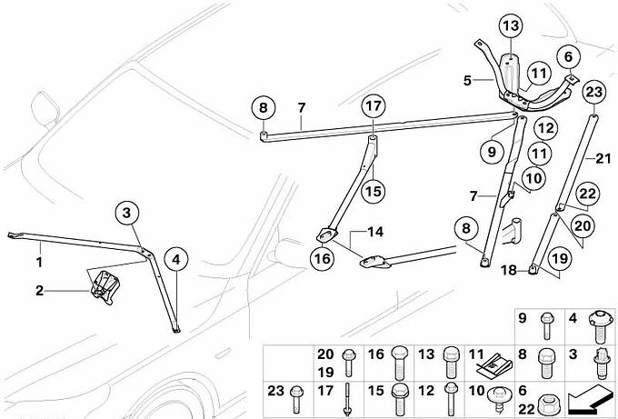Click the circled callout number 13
509,24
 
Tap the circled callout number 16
322,258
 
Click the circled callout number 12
544,129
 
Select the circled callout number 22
588,193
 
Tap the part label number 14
374,232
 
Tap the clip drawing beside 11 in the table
497,364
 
